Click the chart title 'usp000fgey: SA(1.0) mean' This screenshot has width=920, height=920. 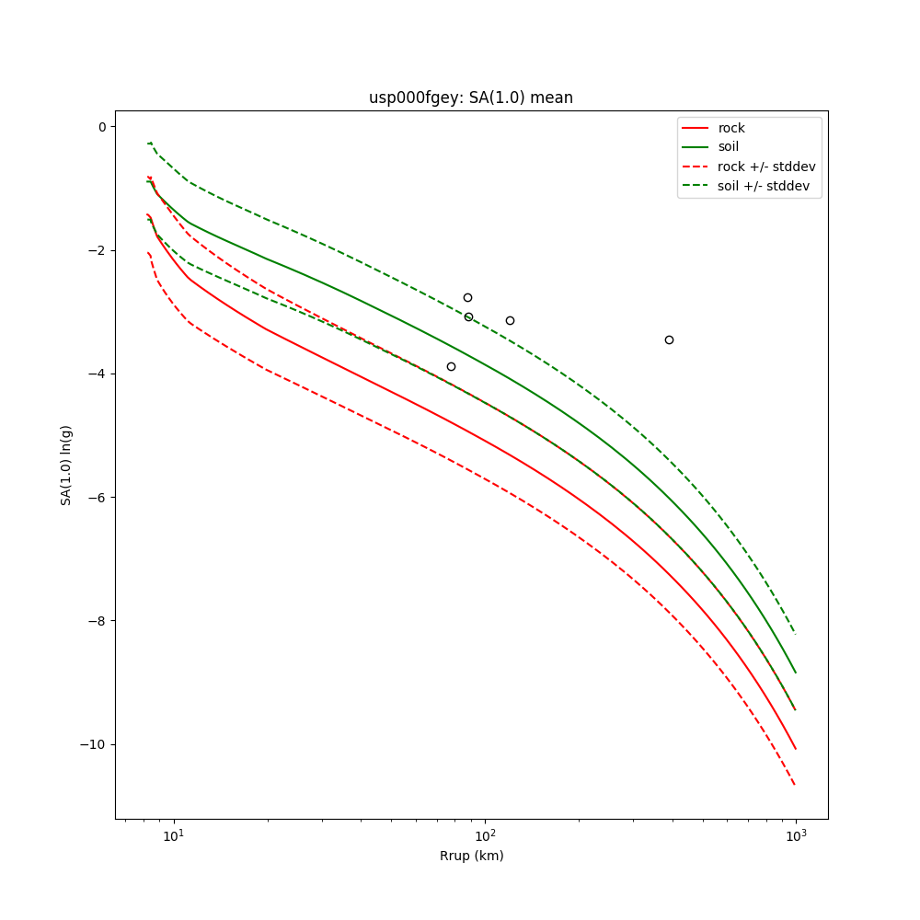471,98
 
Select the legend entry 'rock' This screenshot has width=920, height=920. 731,128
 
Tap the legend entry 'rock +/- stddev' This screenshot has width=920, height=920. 766,167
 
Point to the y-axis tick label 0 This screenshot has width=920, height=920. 101,127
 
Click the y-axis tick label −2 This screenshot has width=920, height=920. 98,250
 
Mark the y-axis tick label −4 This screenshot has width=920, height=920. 98,374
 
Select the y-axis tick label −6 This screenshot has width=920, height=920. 98,498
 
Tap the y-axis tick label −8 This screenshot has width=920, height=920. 98,621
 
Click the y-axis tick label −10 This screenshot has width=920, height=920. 94,744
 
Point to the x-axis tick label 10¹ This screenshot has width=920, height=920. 173,836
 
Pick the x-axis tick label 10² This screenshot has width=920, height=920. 485,836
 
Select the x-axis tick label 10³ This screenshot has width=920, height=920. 796,836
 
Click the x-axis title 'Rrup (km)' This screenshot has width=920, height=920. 471,856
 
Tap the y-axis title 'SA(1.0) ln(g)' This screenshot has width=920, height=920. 66,465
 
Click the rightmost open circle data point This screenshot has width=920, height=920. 669,339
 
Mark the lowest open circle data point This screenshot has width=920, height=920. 451,366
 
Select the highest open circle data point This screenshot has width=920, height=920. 467,297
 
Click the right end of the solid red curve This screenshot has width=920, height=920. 796,749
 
